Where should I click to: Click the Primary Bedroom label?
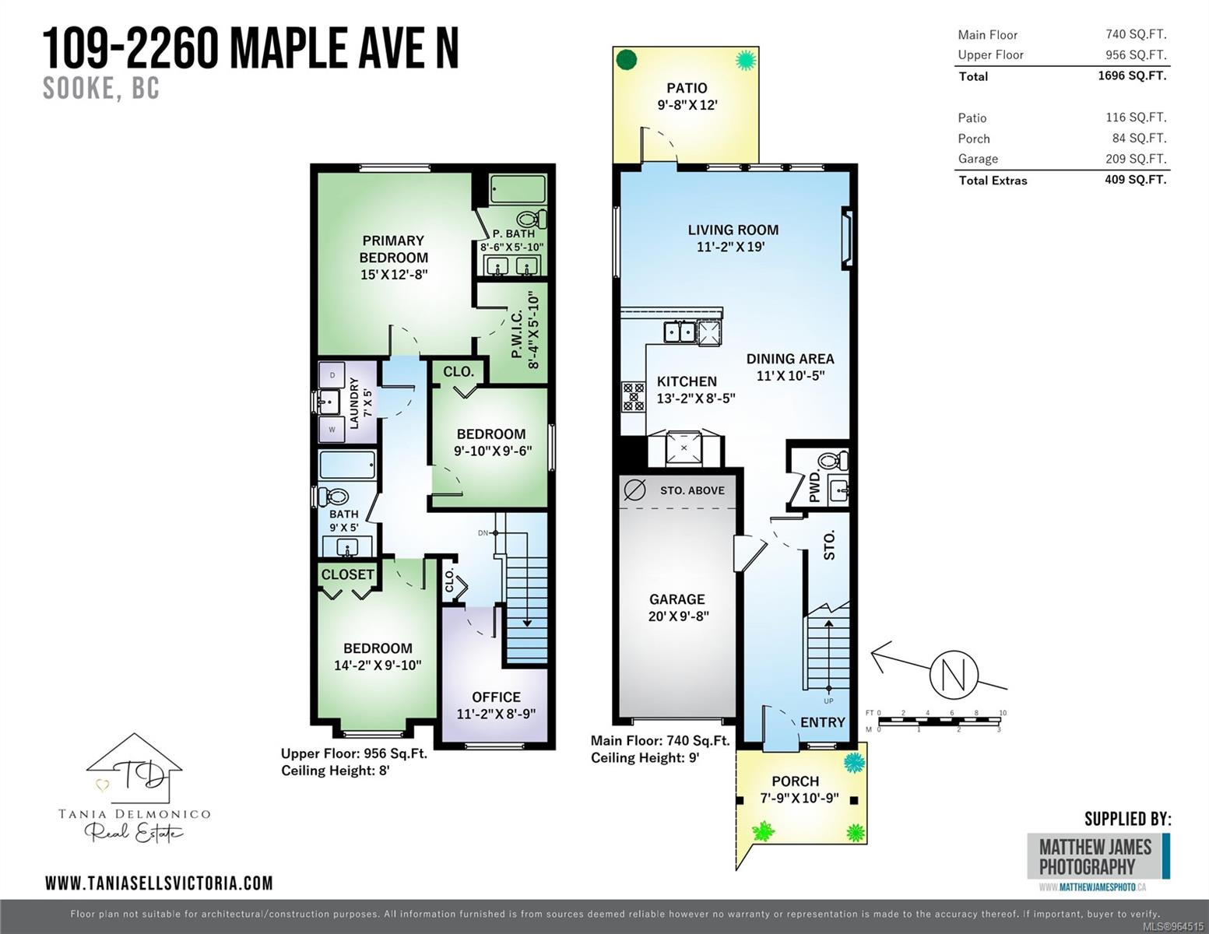click(x=393, y=257)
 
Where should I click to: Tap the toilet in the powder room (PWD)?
click(x=833, y=461)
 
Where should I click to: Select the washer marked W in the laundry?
click(x=332, y=430)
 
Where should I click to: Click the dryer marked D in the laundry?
click(x=332, y=375)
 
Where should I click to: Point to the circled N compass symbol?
click(x=954, y=675)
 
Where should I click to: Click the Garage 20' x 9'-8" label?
click(x=677, y=607)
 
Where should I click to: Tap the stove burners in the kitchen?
click(x=633, y=396)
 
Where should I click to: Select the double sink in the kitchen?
click(x=680, y=332)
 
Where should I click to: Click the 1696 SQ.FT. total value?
click(x=1132, y=75)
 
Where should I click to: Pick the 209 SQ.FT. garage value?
click(x=1136, y=159)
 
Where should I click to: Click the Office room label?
click(x=496, y=705)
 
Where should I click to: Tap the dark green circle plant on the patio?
click(x=627, y=59)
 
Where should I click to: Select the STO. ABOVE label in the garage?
click(x=692, y=490)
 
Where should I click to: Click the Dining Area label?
click(x=790, y=367)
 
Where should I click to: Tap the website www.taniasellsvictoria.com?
click(x=159, y=883)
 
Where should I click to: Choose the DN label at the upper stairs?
click(x=483, y=533)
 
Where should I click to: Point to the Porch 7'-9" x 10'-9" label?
click(x=800, y=789)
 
